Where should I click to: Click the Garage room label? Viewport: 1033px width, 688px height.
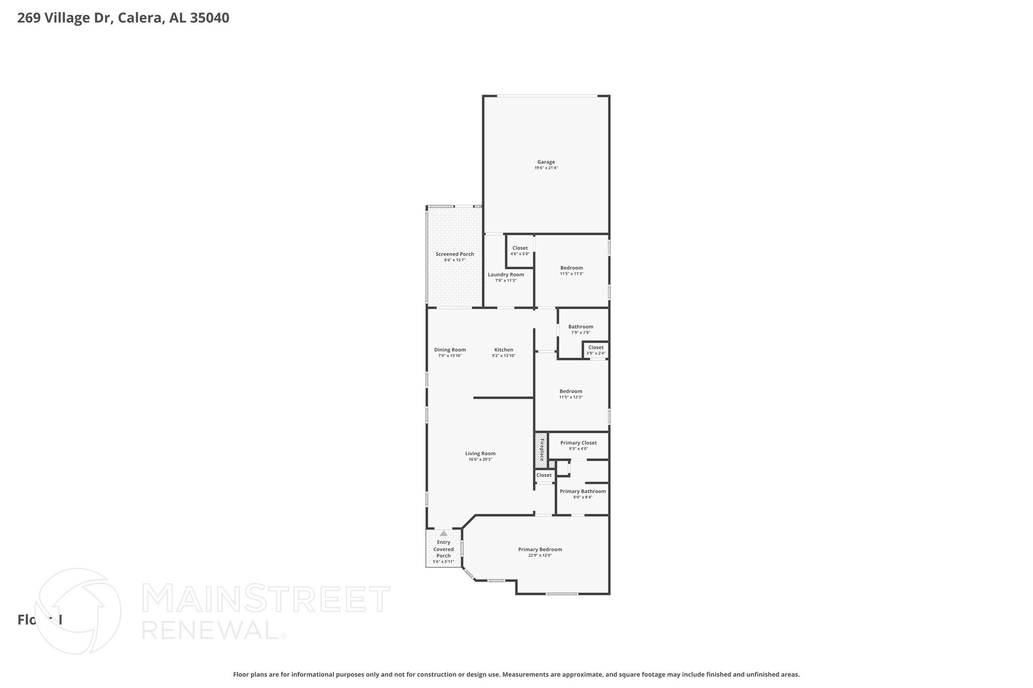click(x=546, y=162)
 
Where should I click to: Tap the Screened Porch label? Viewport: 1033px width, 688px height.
click(x=454, y=254)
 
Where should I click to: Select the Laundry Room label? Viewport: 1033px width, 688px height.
click(x=505, y=275)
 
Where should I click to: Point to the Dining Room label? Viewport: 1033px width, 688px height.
click(x=450, y=350)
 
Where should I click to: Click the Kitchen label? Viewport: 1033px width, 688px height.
click(x=503, y=350)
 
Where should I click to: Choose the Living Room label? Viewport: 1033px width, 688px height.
click(x=480, y=454)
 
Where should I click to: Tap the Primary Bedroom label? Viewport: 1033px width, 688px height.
click(x=540, y=549)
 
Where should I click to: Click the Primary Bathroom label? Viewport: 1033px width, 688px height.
click(x=583, y=491)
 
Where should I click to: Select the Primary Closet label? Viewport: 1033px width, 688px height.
click(x=578, y=443)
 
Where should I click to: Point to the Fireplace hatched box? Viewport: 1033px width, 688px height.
click(x=541, y=450)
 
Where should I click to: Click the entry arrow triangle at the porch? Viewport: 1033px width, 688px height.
click(x=443, y=533)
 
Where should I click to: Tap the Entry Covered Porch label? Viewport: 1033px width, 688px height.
click(x=443, y=549)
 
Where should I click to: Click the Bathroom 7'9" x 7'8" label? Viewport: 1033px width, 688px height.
click(x=581, y=327)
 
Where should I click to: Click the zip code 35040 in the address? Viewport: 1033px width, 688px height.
click(x=209, y=18)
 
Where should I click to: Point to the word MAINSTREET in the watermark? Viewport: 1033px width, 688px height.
click(x=266, y=599)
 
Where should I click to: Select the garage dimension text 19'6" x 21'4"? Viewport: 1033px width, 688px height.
click(x=546, y=168)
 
